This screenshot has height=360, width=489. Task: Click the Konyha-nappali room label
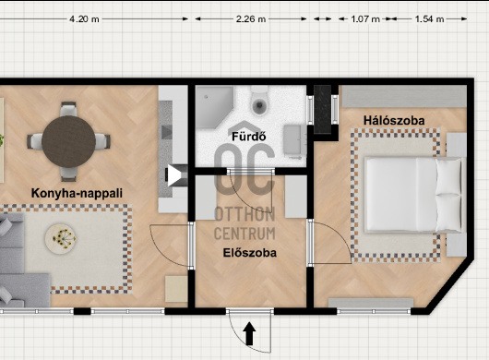(x=77, y=193)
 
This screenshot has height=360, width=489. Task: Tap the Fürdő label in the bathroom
(x=248, y=137)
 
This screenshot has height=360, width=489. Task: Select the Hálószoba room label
(x=394, y=120)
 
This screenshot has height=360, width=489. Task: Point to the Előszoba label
(x=249, y=253)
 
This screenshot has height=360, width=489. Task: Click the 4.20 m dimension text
(x=84, y=19)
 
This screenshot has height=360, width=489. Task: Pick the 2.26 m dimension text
(x=251, y=19)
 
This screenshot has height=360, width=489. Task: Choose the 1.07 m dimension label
(x=365, y=19)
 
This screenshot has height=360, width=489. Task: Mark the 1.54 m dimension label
(x=429, y=19)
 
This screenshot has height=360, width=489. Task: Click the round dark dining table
(x=68, y=141)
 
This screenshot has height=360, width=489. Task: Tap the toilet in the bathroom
(x=259, y=101)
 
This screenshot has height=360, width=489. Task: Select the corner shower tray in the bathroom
(x=215, y=107)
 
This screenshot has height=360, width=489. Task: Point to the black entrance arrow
(x=249, y=333)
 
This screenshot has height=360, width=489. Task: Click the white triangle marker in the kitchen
(x=174, y=175)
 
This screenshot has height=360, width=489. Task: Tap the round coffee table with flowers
(x=61, y=239)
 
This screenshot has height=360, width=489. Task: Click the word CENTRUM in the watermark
(x=244, y=234)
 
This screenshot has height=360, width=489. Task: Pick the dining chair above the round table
(x=68, y=109)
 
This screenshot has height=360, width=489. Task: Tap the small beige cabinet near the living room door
(x=176, y=289)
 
